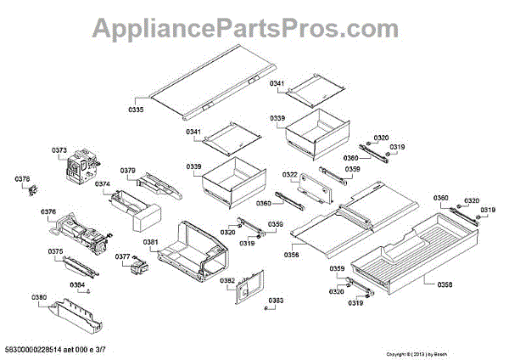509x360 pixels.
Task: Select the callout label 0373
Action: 59,150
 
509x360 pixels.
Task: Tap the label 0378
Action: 22,179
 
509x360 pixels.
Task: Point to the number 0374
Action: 102,183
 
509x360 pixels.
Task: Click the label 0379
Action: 127,170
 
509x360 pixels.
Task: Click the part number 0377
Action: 122,257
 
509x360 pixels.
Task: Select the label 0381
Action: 150,243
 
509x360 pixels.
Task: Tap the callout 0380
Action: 39,297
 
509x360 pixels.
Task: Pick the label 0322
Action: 290,176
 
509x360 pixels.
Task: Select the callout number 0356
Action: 292,254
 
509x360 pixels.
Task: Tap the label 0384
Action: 77,284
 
